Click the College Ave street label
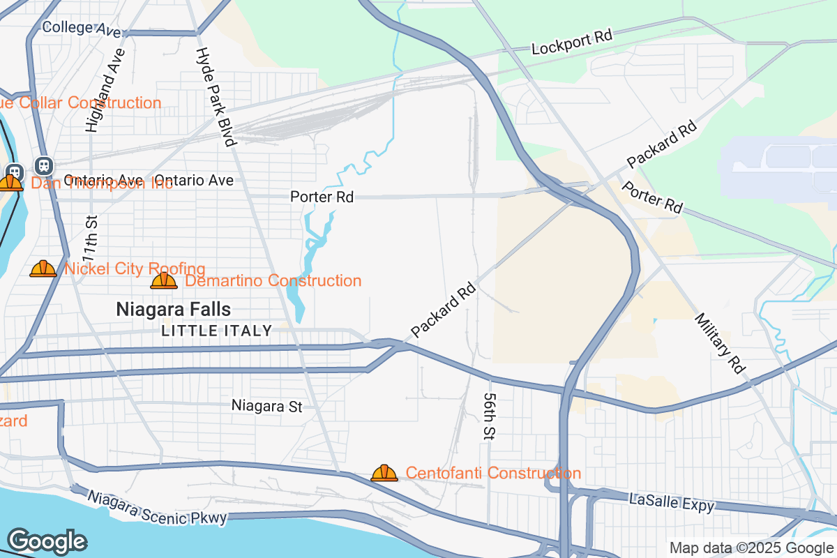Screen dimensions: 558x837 coord(82,28)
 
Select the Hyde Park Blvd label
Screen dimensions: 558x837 coord(213,97)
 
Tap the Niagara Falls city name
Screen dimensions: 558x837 coord(173,309)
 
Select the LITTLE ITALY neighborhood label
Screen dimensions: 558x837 coord(217,331)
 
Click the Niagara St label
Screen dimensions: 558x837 coord(267,406)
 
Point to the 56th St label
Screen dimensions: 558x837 coord(488,415)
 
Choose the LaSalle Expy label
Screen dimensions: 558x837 coord(671,503)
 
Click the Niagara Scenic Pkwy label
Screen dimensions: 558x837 coord(157,508)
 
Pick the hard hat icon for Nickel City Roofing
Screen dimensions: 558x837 coord(43,269)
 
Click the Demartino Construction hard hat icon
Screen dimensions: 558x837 coord(164,281)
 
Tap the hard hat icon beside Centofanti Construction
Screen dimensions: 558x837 coord(384,474)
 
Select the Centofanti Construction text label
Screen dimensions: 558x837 coord(493,474)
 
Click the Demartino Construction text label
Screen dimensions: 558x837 coord(273,281)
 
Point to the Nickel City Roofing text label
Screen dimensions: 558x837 coord(135,269)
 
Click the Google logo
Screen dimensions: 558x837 coord(47,541)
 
